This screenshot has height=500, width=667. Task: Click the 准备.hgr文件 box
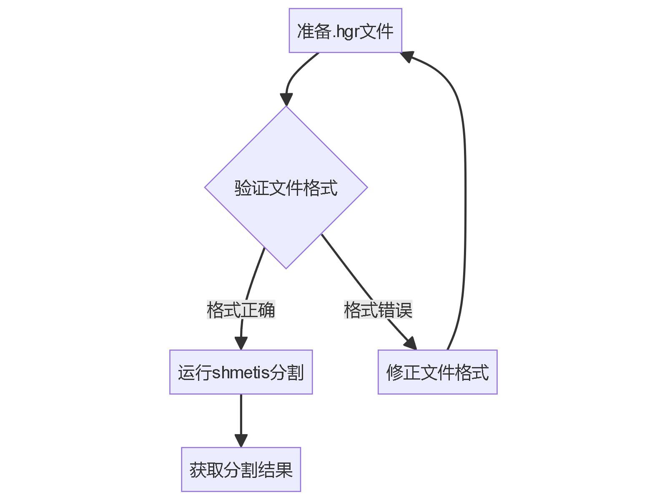pyautogui.click(x=345, y=30)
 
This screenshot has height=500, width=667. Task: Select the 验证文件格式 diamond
pyautogui.click(x=286, y=187)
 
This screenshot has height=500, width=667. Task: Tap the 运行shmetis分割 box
pyautogui.click(x=241, y=372)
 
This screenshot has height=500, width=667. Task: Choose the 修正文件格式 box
pyautogui.click(x=437, y=372)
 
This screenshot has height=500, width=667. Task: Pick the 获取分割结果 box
pyautogui.click(x=241, y=470)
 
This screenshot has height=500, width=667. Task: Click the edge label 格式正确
pyautogui.click(x=241, y=310)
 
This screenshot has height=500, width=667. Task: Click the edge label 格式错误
pyautogui.click(x=378, y=310)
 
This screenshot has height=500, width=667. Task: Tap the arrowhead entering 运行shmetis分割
pyautogui.click(x=241, y=344)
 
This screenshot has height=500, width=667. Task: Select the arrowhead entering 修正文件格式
pyautogui.click(x=411, y=344)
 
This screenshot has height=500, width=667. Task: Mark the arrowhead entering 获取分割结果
pyautogui.click(x=241, y=441)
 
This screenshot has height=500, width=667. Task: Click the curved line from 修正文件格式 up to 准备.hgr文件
pyautogui.click(x=465, y=187)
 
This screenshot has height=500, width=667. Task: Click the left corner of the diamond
pyautogui.click(x=206, y=187)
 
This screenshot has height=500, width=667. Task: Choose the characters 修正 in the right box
pyautogui.click(x=403, y=372)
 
